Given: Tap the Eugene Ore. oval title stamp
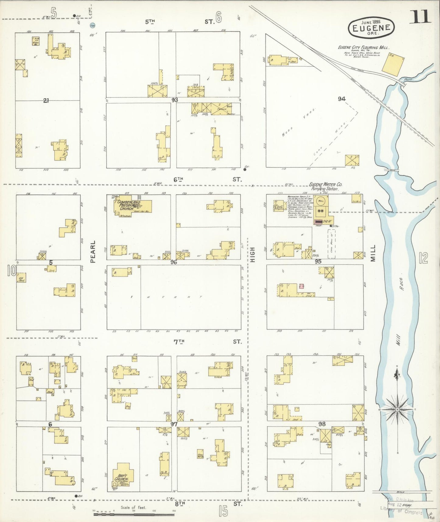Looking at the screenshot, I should (x=371, y=28).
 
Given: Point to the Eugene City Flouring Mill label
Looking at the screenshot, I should (x=363, y=48).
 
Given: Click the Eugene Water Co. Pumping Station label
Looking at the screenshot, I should (x=326, y=186).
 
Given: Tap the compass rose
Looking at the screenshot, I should (x=397, y=410).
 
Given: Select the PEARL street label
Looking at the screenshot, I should (x=93, y=251).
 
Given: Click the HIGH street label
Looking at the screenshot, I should (x=253, y=255).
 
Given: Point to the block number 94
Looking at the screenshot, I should (x=342, y=99).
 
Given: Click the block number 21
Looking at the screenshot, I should (x=46, y=101).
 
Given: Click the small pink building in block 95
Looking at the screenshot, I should (x=302, y=286).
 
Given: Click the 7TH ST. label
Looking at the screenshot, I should (x=207, y=342).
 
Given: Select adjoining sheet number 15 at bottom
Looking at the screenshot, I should (x=223, y=511).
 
